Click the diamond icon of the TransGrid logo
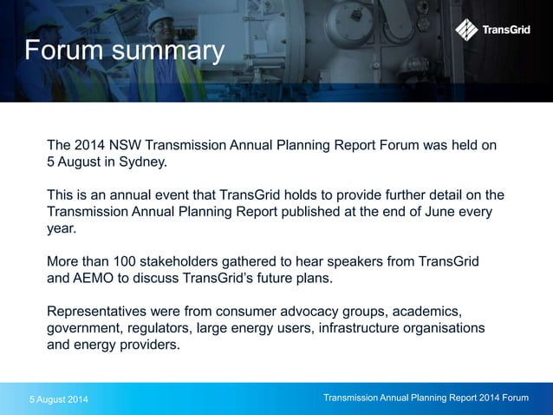[466, 30]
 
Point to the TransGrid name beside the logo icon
[508, 30]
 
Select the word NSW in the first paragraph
[127, 145]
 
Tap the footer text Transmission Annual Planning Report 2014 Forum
[425, 398]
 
